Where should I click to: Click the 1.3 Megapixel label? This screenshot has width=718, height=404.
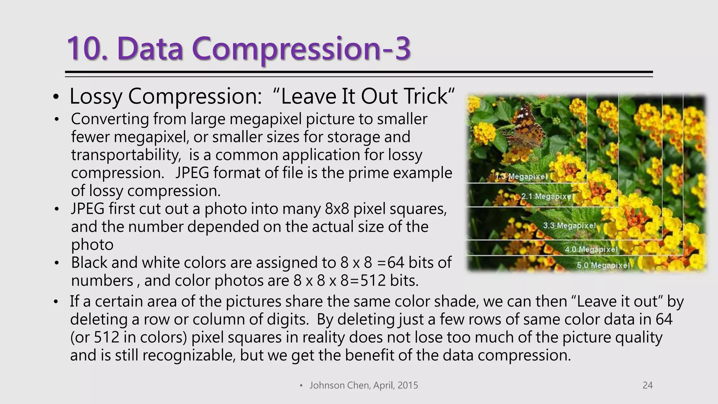point(521,176)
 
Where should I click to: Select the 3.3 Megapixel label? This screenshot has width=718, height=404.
point(569,225)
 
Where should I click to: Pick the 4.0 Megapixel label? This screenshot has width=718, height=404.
point(591,249)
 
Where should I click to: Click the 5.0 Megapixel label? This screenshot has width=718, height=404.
point(603,265)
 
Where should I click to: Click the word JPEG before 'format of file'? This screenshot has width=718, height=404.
point(192,173)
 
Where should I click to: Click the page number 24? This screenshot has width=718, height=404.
point(647,385)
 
